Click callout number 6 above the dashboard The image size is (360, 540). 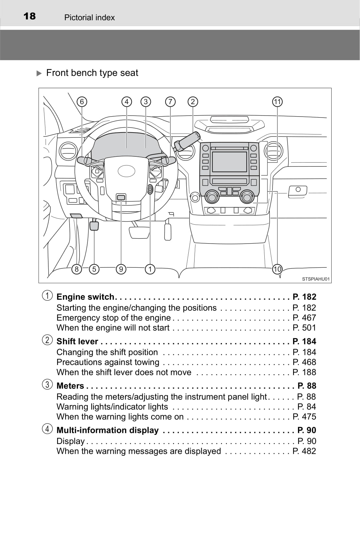click(x=82, y=102)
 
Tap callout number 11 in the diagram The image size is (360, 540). click(x=277, y=102)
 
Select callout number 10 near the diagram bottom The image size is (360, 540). click(x=277, y=269)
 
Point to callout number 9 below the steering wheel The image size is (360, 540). click(x=121, y=269)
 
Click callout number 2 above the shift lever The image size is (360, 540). click(x=193, y=102)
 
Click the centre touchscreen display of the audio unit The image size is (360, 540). click(x=229, y=162)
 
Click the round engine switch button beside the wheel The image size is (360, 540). click(x=150, y=189)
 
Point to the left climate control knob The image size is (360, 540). click(x=211, y=197)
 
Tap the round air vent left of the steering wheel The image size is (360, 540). click(x=68, y=151)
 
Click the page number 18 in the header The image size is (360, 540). click(x=30, y=16)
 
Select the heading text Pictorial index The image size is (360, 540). click(x=89, y=18)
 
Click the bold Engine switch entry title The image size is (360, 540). click(x=85, y=297)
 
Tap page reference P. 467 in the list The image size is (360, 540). click(x=304, y=318)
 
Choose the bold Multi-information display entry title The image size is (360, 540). click(x=107, y=430)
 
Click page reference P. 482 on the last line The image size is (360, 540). click(x=304, y=451)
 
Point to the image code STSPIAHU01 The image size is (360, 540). click(x=316, y=279)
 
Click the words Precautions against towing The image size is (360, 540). click(x=108, y=362)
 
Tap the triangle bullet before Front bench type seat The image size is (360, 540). click(x=39, y=73)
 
